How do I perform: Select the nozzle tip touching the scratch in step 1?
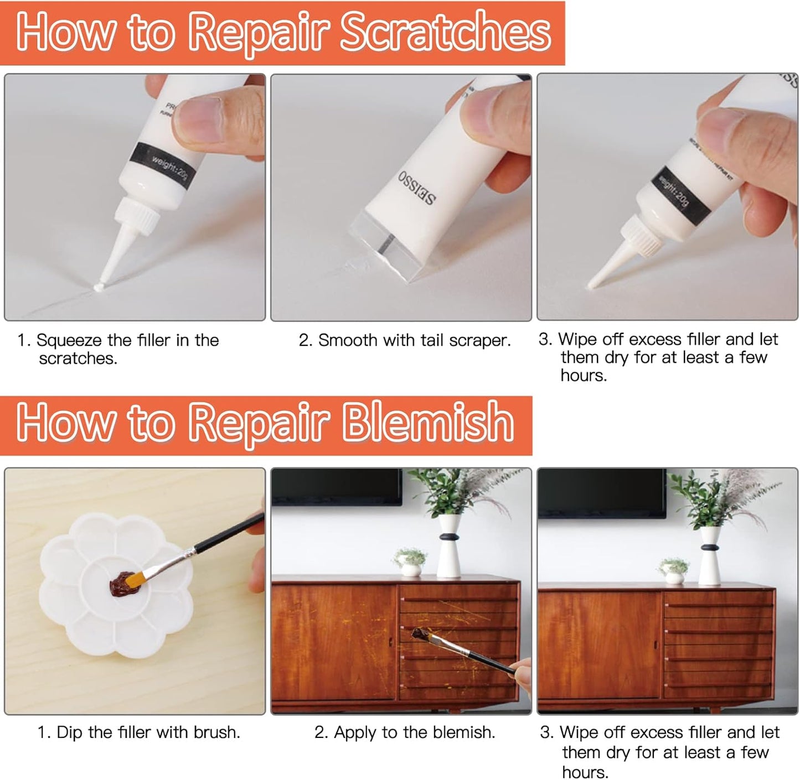100,287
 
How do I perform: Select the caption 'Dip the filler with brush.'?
139,732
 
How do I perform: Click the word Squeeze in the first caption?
69,340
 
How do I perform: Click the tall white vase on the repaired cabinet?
710,556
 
